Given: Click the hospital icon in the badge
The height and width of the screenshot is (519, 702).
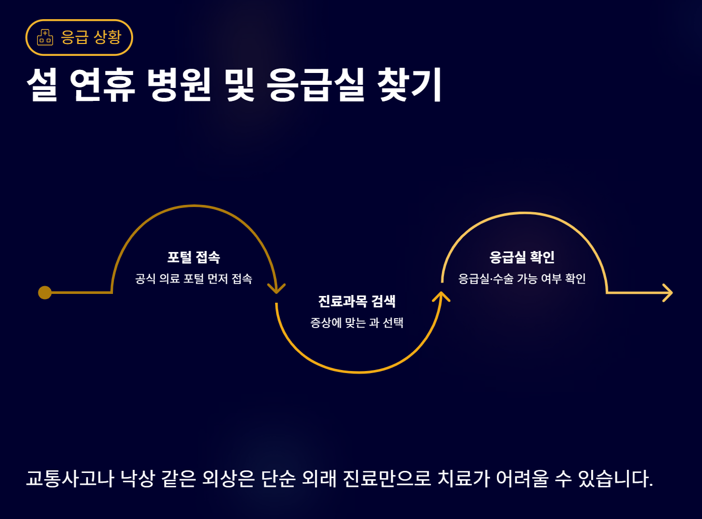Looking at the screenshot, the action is pyautogui.click(x=45, y=37).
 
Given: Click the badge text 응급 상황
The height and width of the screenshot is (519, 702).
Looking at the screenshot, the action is pyautogui.click(x=91, y=37).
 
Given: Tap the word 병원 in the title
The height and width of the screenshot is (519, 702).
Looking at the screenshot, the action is pyautogui.click(x=179, y=84).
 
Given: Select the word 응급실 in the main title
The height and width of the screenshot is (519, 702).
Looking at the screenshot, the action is pyautogui.click(x=316, y=84).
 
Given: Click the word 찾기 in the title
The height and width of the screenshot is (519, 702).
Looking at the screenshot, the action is pyautogui.click(x=409, y=84).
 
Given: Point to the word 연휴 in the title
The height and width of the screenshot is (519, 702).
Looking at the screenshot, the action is pyautogui.click(x=102, y=84).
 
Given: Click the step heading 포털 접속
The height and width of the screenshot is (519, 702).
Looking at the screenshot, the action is pyautogui.click(x=194, y=257).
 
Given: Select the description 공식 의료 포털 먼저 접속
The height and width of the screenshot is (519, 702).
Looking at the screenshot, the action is pyautogui.click(x=194, y=279).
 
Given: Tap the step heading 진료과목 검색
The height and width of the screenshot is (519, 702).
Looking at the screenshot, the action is pyautogui.click(x=357, y=301).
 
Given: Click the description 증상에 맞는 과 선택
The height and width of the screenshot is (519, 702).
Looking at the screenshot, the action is pyautogui.click(x=357, y=323).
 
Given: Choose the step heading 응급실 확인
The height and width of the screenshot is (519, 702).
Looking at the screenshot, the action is pyautogui.click(x=522, y=257).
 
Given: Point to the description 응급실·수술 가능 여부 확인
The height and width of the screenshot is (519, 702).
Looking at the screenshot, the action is pyautogui.click(x=522, y=279).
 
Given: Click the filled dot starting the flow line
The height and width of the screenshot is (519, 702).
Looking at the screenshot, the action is pyautogui.click(x=45, y=293).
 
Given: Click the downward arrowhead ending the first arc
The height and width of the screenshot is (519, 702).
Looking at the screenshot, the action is pyautogui.click(x=277, y=288).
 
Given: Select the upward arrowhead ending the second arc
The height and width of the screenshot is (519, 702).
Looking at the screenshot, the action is pyautogui.click(x=441, y=296).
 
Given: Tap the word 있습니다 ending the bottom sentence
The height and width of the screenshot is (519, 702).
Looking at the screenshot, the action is pyautogui.click(x=614, y=479).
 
